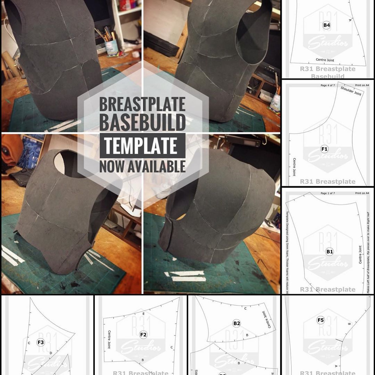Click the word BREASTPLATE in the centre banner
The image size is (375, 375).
pyautogui.click(x=142, y=104)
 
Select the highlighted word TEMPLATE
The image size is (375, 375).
pyautogui.click(x=142, y=145)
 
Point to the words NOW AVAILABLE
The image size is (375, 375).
pyautogui.click(x=142, y=166)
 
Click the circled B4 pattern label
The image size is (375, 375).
pyautogui.click(x=326, y=25)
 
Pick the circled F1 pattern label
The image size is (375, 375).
pyautogui.click(x=324, y=149)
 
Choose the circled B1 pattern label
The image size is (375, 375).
pyautogui.click(x=330, y=252)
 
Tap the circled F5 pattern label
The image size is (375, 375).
pyautogui.click(x=321, y=320)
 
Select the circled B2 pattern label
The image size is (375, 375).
pyautogui.click(x=237, y=323)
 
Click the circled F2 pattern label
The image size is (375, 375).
pyautogui.click(x=143, y=335)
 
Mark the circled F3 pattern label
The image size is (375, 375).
pyautogui.click(x=41, y=342)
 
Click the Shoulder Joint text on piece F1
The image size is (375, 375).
pyautogui.click(x=351, y=91)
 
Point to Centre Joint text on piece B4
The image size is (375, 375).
pyautogui.click(x=325, y=60)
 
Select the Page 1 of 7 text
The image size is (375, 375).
pyautogui.click(x=328, y=193)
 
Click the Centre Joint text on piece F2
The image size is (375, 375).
pyautogui.click(x=109, y=339)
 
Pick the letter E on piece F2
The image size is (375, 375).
pyautogui.click(x=143, y=314)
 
